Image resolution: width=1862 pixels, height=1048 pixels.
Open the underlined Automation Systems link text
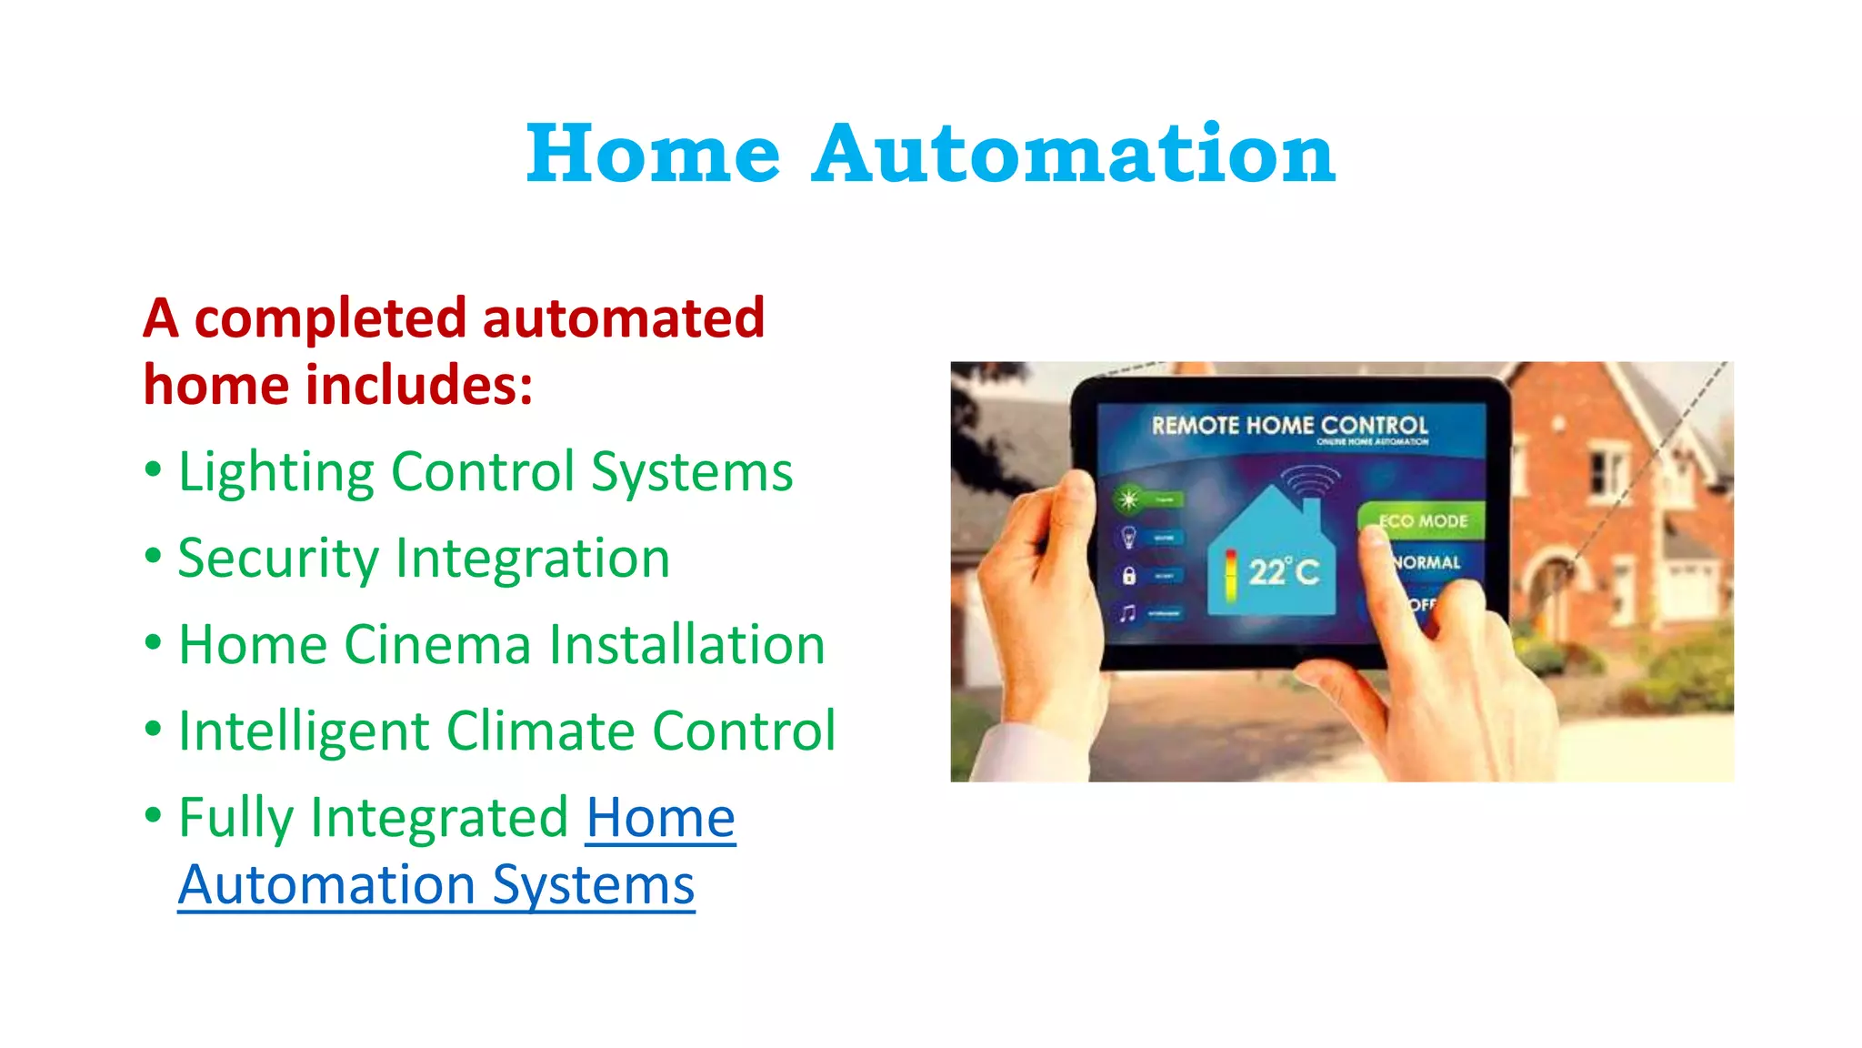click(x=436, y=885)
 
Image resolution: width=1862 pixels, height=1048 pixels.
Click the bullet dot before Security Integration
click(x=154, y=555)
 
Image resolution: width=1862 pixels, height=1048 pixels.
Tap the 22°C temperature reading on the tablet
click(x=1283, y=572)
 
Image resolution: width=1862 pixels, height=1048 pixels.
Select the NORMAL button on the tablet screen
click(x=1427, y=563)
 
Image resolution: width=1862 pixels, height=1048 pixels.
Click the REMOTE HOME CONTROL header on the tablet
click(x=1289, y=426)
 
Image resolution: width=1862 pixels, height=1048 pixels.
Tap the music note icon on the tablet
click(x=1128, y=613)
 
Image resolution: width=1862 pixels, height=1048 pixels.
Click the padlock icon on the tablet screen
click(x=1128, y=576)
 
